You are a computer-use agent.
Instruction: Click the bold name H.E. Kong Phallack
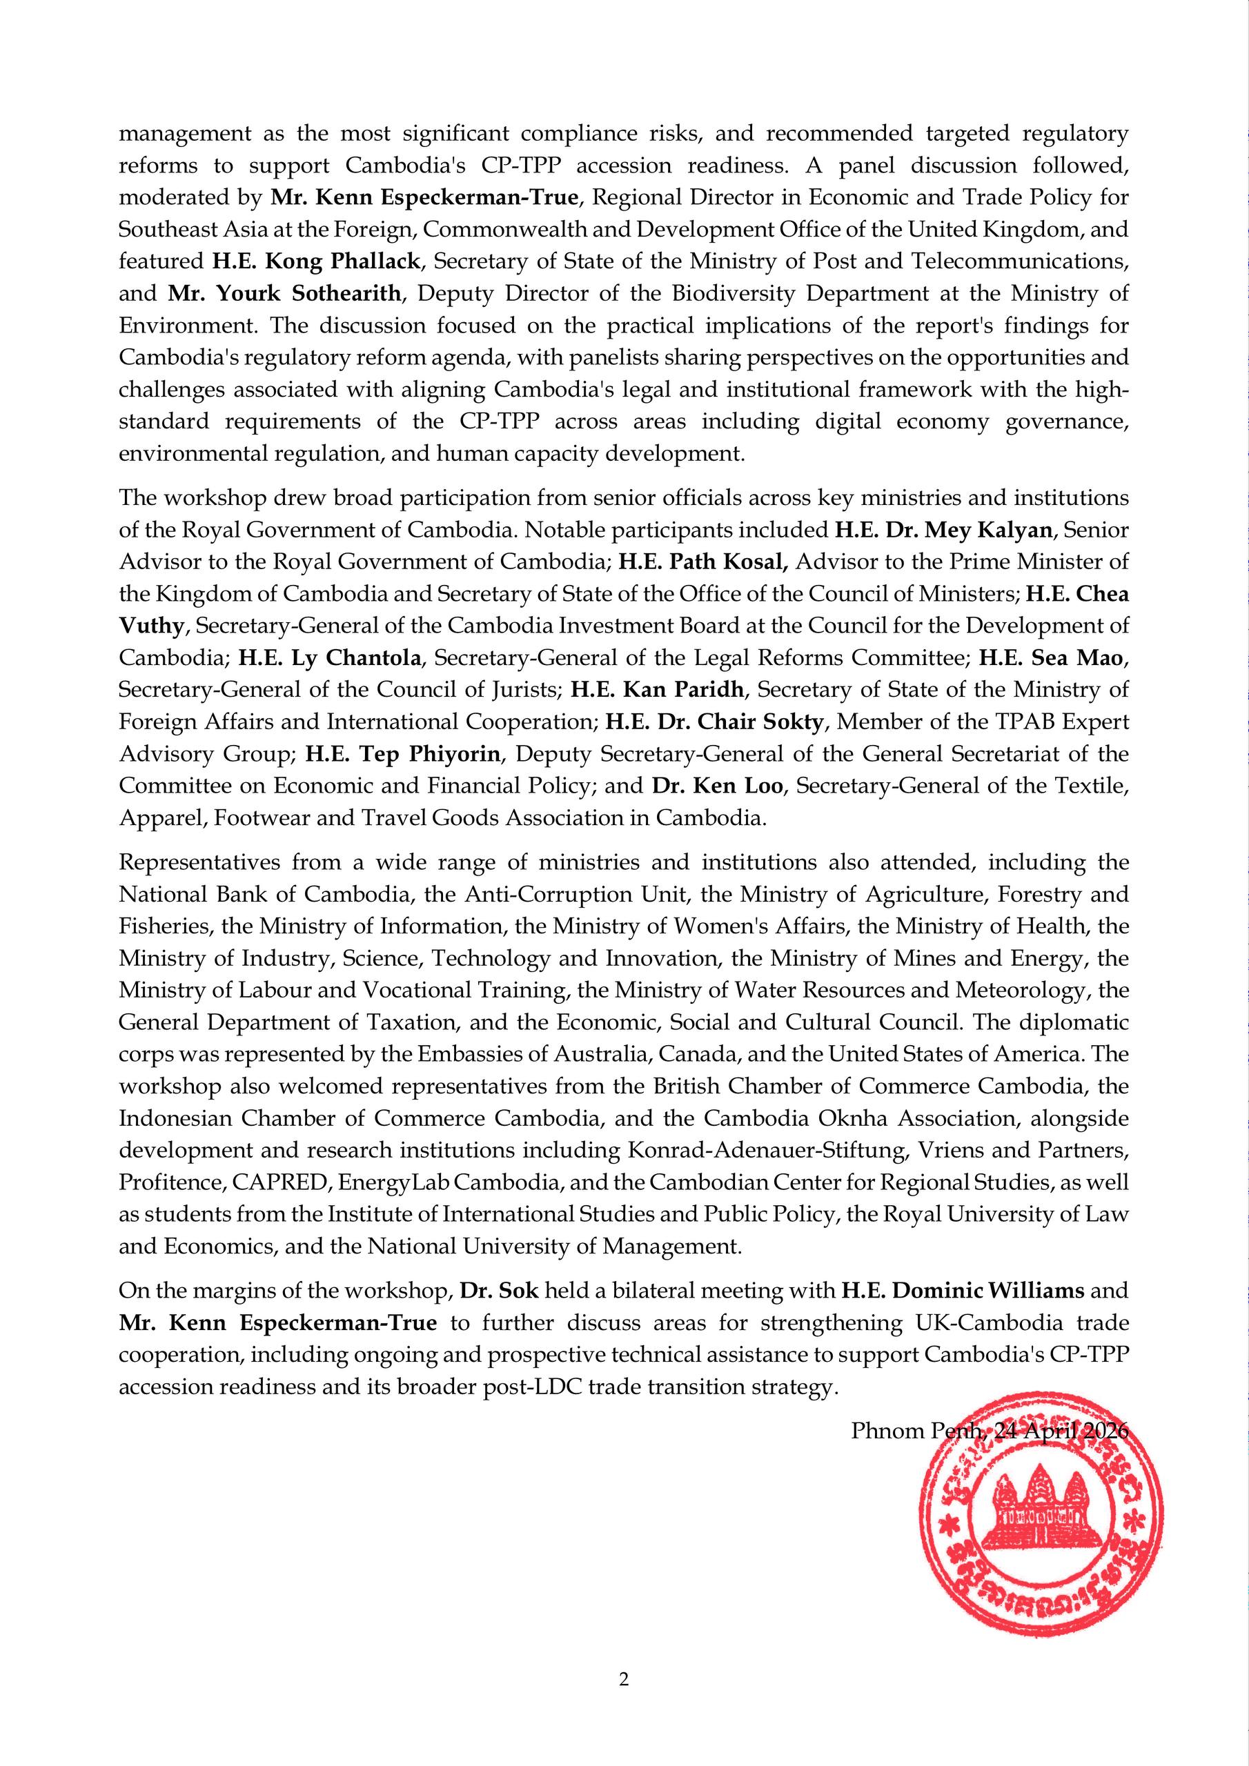pyautogui.click(x=316, y=261)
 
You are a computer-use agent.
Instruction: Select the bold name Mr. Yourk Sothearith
pyautogui.click(x=285, y=293)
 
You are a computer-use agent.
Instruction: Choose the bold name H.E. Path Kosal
pyautogui.click(x=702, y=562)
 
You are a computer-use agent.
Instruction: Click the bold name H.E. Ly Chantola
pyautogui.click(x=329, y=657)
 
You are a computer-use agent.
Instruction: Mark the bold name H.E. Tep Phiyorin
pyautogui.click(x=402, y=753)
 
